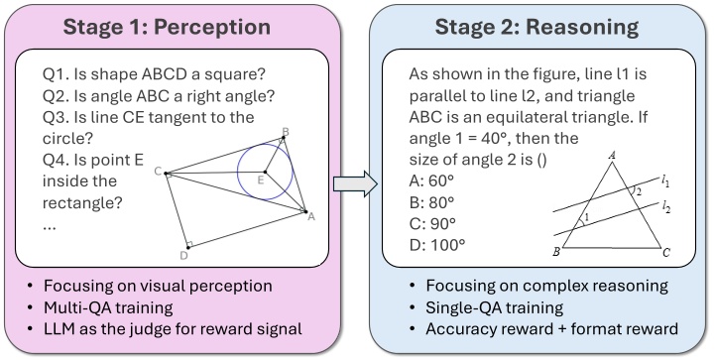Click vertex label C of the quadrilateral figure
tap(158, 172)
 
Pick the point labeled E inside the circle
tap(260, 180)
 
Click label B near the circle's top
tap(286, 132)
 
